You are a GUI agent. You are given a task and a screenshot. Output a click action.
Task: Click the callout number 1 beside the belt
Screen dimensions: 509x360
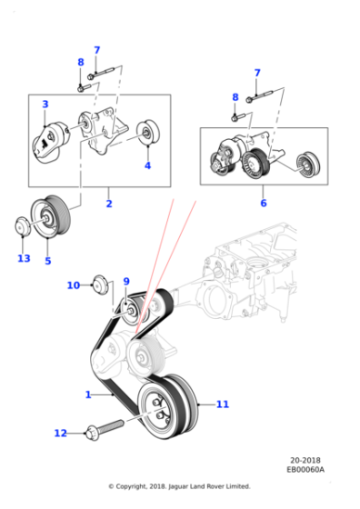pyautogui.click(x=88, y=394)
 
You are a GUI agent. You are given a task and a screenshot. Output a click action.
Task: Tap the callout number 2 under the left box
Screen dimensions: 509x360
pyautogui.click(x=109, y=204)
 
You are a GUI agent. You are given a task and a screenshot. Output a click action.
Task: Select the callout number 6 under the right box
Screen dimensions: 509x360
pyautogui.click(x=264, y=204)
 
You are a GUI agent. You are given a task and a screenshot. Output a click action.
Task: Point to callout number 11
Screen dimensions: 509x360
pyautogui.click(x=223, y=404)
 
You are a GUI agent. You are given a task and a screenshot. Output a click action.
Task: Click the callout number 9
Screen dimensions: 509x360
pyautogui.click(x=126, y=282)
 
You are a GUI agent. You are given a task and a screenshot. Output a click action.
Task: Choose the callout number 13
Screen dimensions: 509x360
pyautogui.click(x=24, y=258)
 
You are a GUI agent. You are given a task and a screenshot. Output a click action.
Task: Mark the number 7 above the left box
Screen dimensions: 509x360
pyautogui.click(x=96, y=50)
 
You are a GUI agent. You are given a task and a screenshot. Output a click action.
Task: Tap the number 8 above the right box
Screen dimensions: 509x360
pyautogui.click(x=235, y=97)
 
